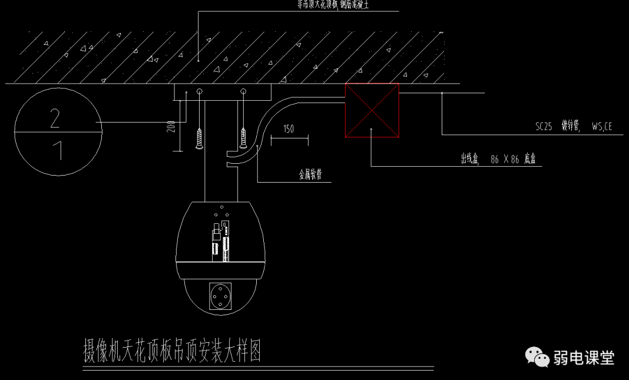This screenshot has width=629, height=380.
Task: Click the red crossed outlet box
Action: coord(372,110)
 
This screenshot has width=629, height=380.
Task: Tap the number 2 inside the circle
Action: coord(55,119)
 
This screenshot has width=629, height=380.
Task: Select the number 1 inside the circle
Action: coord(57,151)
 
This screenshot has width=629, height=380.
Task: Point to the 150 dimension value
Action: coord(289,129)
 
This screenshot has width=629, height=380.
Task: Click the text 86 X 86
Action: coord(505,159)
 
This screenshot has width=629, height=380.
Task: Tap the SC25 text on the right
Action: coord(544,125)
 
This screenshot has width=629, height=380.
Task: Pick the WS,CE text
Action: coord(602,125)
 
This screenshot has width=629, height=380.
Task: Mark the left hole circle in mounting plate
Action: coord(200,92)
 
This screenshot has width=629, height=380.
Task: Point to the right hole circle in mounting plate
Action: coord(243,92)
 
